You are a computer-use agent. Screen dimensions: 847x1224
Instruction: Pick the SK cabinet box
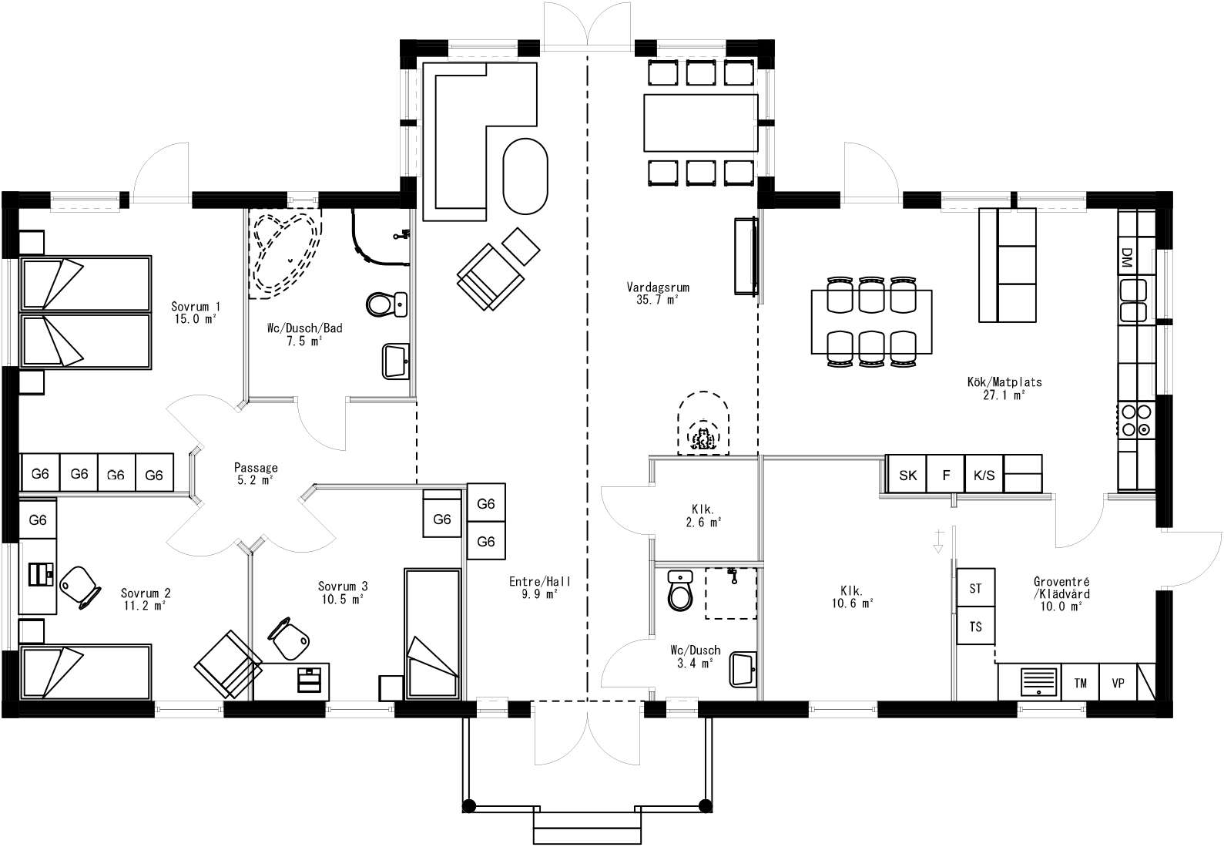pos(907,476)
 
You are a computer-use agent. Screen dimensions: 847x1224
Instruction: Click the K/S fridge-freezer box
pos(984,476)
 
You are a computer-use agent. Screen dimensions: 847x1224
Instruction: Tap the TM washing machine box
pos(1080,683)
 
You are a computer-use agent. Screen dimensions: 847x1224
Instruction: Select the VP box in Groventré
pos(1118,683)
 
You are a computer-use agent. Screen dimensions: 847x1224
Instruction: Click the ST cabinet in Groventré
pos(975,589)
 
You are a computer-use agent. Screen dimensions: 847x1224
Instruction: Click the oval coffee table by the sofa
pos(525,176)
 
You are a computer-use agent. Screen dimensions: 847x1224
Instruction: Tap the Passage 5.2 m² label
pos(256,473)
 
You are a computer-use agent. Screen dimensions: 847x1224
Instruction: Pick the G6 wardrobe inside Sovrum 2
pos(38,520)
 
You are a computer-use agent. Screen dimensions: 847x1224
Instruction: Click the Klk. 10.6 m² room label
pos(851,597)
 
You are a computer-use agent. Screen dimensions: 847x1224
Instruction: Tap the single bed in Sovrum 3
pos(432,634)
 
